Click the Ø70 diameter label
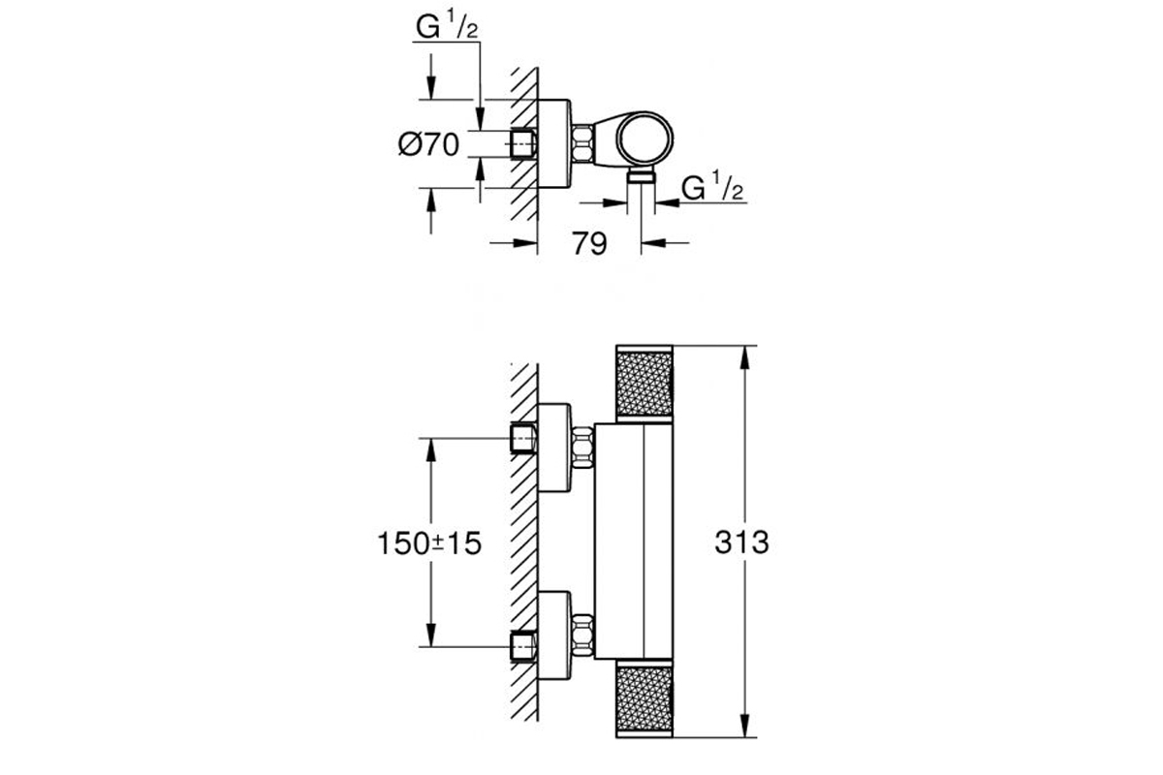[428, 143]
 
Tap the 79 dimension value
[589, 243]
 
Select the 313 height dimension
[741, 542]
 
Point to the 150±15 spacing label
[429, 543]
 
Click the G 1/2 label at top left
[447, 26]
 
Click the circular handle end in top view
[644, 139]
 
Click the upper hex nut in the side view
[583, 447]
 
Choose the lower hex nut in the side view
[583, 635]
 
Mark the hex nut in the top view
[583, 143]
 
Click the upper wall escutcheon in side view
[554, 448]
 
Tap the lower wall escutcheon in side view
[554, 635]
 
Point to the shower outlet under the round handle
[642, 176]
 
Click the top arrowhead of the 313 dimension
[744, 357]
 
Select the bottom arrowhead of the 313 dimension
[744, 726]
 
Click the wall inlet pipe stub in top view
[523, 143]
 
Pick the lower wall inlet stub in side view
[523, 646]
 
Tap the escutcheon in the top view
[554, 143]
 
